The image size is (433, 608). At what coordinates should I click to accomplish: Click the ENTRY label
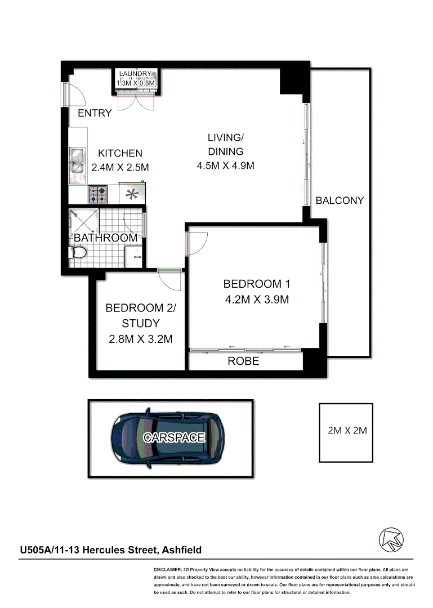(95, 113)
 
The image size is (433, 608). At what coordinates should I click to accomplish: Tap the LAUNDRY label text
(135, 74)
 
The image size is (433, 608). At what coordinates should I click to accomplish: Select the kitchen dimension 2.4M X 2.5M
(120, 167)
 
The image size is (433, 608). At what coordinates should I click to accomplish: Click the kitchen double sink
(77, 165)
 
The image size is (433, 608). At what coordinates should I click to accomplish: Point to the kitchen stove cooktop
(97, 195)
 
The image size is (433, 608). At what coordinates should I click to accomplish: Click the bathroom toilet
(78, 254)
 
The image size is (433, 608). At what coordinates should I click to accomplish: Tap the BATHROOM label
(106, 238)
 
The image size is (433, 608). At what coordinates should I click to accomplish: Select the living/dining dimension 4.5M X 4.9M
(225, 166)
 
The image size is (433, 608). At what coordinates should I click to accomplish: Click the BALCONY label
(340, 200)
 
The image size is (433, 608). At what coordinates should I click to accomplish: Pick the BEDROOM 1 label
(256, 284)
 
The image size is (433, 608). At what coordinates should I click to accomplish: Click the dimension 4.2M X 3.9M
(256, 299)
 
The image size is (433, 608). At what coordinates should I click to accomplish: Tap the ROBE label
(243, 361)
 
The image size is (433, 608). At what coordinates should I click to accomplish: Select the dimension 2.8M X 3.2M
(140, 339)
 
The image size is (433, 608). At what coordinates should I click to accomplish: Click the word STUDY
(140, 324)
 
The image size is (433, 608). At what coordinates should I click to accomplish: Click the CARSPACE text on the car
(173, 437)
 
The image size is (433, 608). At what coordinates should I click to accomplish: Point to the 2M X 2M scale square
(346, 432)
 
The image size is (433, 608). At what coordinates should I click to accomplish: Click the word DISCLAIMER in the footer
(167, 570)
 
